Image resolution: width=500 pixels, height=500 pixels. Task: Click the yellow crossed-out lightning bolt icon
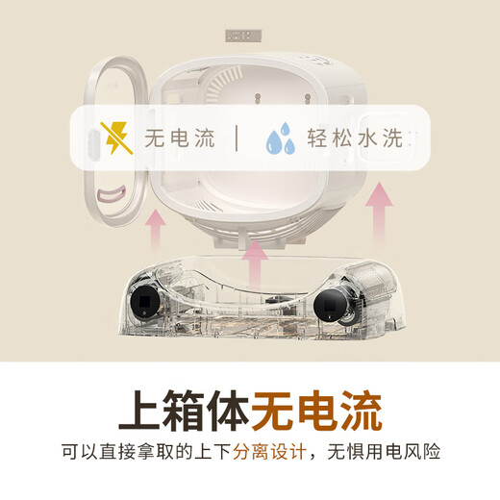point(116,138)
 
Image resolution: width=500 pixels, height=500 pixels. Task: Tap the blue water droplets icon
point(281,138)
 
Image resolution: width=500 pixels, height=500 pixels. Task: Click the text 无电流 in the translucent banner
point(180,138)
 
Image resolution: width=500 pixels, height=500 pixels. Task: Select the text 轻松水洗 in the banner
point(355,138)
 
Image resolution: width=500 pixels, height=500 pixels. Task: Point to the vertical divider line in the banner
point(237,138)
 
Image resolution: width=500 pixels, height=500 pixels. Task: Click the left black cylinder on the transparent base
point(145,301)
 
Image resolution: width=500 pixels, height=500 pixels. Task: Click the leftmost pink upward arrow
point(156,230)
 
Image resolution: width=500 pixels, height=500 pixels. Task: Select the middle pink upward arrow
point(255,265)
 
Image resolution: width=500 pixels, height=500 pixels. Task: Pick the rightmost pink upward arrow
point(380,212)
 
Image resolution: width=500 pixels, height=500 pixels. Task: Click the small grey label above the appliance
point(243,36)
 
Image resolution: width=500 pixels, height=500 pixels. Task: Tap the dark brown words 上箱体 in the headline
point(184,411)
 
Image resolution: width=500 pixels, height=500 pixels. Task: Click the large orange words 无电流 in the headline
point(316,411)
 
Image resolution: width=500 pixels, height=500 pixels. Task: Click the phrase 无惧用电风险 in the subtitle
point(384,452)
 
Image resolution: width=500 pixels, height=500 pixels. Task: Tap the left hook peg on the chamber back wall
point(257,98)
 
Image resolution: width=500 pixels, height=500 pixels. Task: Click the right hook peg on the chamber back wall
point(307,98)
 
